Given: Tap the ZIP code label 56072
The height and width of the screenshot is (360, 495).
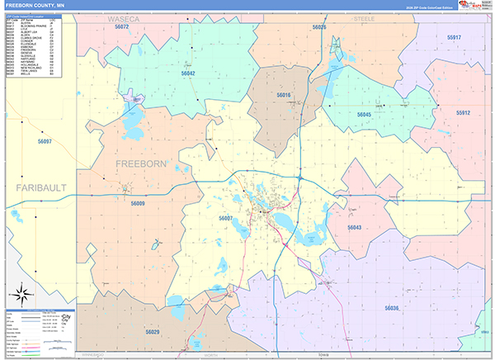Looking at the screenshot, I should click(x=122, y=27).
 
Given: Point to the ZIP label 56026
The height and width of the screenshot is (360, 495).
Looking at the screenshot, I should click(x=319, y=27).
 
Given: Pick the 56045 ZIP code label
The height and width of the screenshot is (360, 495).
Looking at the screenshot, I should click(x=364, y=115).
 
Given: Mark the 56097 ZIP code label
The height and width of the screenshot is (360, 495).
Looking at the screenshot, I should click(x=45, y=142).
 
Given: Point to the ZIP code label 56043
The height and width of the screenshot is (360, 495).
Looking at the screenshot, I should click(x=354, y=227).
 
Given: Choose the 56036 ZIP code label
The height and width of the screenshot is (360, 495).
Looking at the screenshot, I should click(x=391, y=308).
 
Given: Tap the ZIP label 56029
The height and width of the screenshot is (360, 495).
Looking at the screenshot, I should click(x=153, y=331).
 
